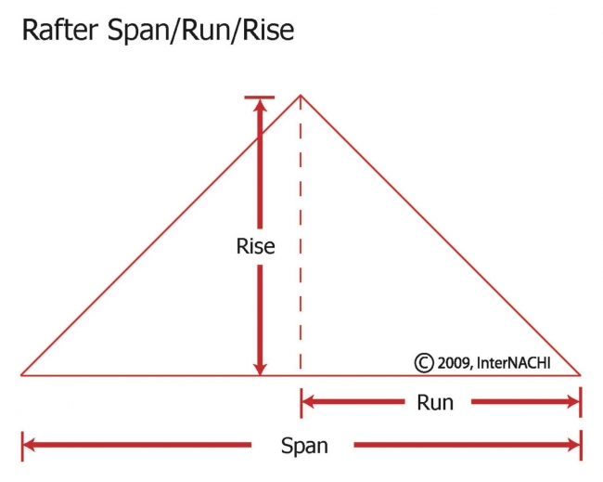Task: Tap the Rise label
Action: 256,246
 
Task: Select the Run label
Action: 435,403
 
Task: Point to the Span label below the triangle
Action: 304,446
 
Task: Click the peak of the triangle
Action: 300,95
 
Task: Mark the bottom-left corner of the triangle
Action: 22,375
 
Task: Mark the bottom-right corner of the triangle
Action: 580,375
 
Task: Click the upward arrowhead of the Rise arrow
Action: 260,106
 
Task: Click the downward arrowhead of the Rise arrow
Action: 260,366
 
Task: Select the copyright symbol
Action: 423,362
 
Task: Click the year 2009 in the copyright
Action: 454,362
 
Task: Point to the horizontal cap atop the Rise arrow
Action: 260,97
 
